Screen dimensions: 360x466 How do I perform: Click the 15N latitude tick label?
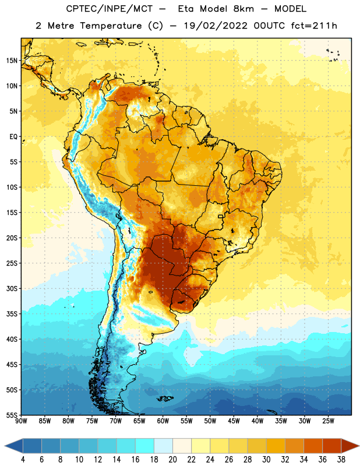pyautogui.click(x=12, y=61)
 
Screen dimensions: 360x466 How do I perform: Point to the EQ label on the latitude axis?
pyautogui.click(x=13, y=137)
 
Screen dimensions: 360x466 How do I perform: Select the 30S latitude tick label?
pyautogui.click(x=12, y=288)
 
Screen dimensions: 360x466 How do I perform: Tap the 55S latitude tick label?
pyautogui.click(x=12, y=415)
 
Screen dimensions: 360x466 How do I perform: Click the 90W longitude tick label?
pyautogui.click(x=21, y=421)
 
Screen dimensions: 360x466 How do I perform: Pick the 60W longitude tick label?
pyautogui.click(x=163, y=421)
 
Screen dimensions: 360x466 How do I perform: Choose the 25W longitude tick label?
pyautogui.click(x=328, y=421)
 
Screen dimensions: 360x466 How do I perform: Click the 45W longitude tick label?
pyautogui.click(x=234, y=421)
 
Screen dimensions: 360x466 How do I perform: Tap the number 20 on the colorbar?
pyautogui.click(x=172, y=460)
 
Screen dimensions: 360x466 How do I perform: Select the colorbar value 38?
pyautogui.click(x=341, y=460)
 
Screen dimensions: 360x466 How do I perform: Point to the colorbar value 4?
pyautogui.click(x=23, y=460)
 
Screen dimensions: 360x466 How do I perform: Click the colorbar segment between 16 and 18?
pyautogui.click(x=145, y=446)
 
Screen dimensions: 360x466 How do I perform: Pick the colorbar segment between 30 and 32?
pyautogui.click(x=276, y=446)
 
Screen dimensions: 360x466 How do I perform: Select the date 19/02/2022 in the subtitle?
pyautogui.click(x=216, y=26)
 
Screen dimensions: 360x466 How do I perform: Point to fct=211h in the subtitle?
pyautogui.click(x=314, y=26)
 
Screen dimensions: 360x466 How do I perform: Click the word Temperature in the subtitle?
pyautogui.click(x=111, y=26)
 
